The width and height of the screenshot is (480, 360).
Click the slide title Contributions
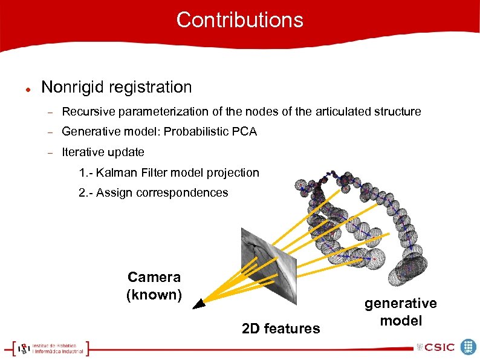pyautogui.click(x=239, y=20)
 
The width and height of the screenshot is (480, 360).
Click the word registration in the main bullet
pyautogui.click(x=153, y=87)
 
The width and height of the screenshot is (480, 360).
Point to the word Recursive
pyautogui.click(x=89, y=112)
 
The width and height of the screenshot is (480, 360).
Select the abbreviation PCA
pyautogui.click(x=244, y=131)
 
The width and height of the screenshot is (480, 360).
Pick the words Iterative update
pyautogui.click(x=103, y=151)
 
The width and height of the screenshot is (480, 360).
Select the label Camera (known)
pyautogui.click(x=154, y=286)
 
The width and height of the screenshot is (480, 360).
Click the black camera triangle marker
pyautogui.click(x=199, y=304)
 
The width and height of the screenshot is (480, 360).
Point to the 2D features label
pyautogui.click(x=281, y=329)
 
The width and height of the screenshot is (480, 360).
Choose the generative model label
pyautogui.click(x=400, y=312)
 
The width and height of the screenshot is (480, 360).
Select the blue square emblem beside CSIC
pyautogui.click(x=469, y=347)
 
